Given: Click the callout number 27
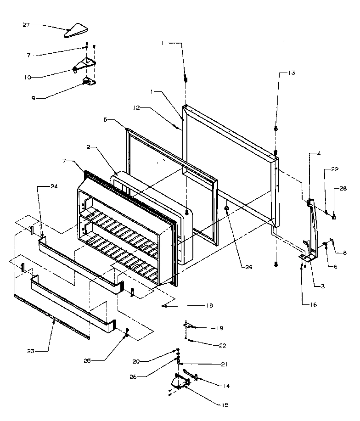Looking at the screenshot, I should click(x=26, y=25).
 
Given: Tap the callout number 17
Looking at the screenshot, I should click(x=27, y=56).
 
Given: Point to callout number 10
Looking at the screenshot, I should click(x=28, y=77).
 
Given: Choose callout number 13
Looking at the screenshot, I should click(x=292, y=73).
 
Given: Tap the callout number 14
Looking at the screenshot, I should click(x=226, y=386).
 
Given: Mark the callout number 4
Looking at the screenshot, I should click(x=318, y=154).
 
